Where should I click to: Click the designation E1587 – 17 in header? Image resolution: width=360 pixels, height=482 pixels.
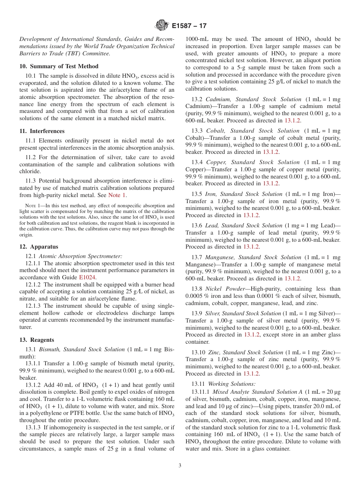click(x=189, y=26)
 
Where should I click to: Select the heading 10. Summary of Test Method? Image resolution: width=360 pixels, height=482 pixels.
click(x=59, y=66)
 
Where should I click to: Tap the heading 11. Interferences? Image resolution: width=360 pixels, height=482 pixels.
click(x=42, y=131)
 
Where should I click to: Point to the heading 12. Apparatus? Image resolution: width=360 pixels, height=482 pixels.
click(x=39, y=247)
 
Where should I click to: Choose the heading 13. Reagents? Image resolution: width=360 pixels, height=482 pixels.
click(x=37, y=340)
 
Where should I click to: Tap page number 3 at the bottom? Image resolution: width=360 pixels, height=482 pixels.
click(x=180, y=466)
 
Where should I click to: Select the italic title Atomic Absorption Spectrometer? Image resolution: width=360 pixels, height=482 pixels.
click(x=81, y=256)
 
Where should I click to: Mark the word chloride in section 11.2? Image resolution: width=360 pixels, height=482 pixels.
click(x=30, y=171)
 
